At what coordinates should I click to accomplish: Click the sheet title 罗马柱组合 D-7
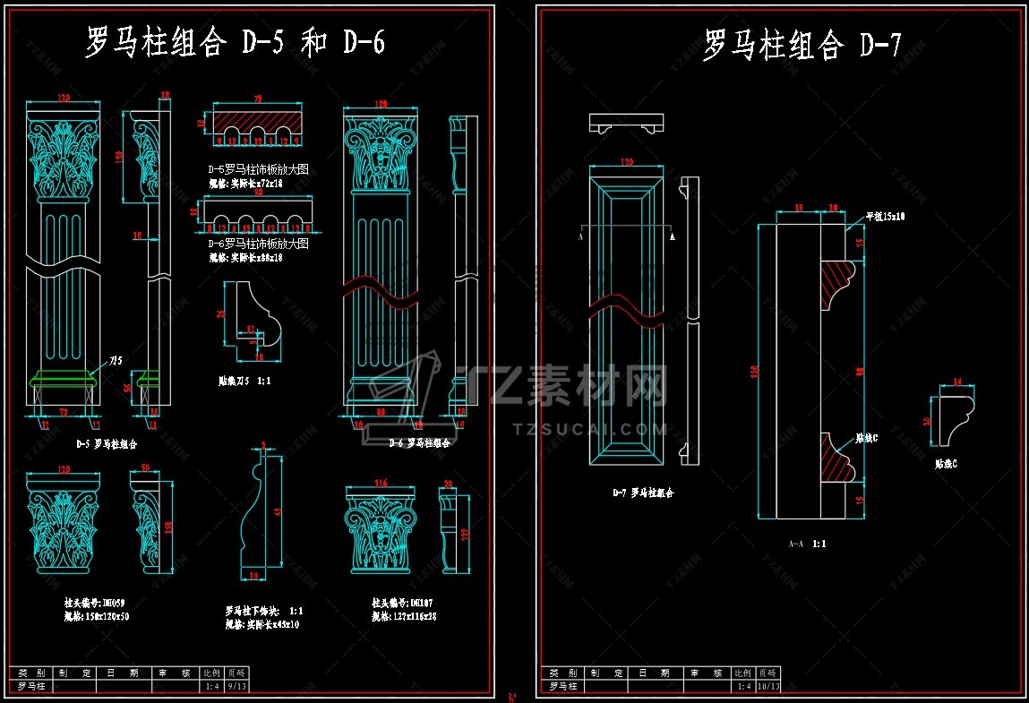[801, 44]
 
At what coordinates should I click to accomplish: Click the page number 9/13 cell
[236, 687]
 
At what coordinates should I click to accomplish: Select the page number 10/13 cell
[768, 687]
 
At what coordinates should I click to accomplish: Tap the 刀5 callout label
[116, 361]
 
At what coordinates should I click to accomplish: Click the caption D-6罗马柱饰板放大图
[258, 244]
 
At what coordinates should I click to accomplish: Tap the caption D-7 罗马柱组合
[642, 493]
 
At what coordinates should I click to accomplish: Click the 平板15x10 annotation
[885, 217]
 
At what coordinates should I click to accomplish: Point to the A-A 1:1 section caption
[807, 544]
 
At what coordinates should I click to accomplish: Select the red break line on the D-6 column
[380, 291]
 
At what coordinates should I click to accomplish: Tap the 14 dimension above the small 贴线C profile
[957, 382]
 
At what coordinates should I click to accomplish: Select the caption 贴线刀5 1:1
[245, 380]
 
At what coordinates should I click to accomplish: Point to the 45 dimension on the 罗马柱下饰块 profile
[278, 511]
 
